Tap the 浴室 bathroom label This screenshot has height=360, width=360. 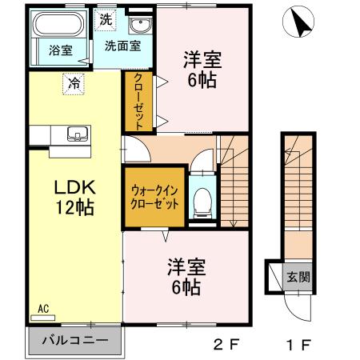(x=60, y=50)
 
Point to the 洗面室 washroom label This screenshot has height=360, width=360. (x=122, y=46)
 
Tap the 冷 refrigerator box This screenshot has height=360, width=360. (x=74, y=82)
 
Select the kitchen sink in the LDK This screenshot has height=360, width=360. (x=76, y=133)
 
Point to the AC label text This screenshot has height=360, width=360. (x=43, y=306)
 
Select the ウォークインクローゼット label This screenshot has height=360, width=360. (x=153, y=198)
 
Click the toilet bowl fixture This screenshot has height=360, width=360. (x=202, y=200)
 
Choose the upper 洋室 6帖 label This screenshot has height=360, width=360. (x=202, y=69)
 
